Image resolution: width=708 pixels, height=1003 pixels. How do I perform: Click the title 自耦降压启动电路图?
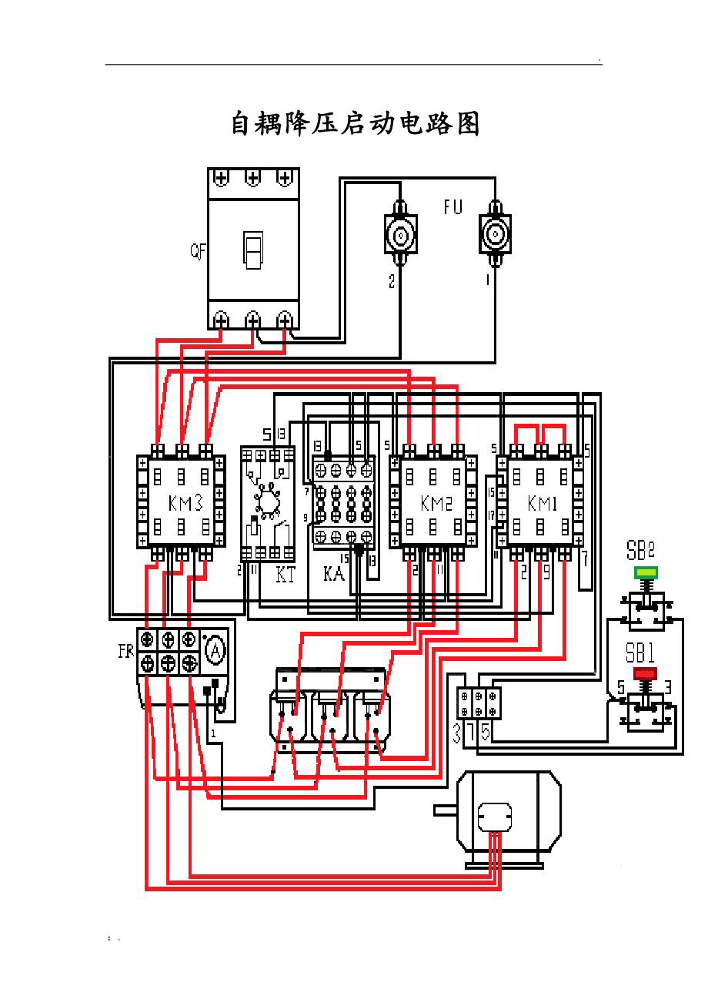(356, 124)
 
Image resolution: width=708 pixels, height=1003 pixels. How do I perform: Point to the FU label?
(453, 206)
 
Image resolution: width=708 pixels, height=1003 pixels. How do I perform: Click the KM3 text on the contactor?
(185, 503)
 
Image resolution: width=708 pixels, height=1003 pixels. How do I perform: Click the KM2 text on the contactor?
(436, 503)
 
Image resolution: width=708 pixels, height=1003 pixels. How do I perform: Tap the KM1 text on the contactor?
(543, 503)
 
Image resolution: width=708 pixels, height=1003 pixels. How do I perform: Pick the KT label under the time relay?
(285, 575)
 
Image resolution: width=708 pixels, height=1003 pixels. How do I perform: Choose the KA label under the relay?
(333, 575)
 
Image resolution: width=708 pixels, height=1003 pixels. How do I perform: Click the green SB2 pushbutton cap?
(646, 572)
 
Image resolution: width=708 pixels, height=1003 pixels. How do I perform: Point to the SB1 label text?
(640, 655)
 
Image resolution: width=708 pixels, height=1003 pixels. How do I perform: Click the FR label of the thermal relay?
(125, 651)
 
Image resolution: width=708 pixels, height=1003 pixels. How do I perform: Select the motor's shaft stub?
(445, 810)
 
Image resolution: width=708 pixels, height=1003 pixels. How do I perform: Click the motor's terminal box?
(494, 816)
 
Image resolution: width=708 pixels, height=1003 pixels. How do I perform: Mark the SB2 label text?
(640, 552)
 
